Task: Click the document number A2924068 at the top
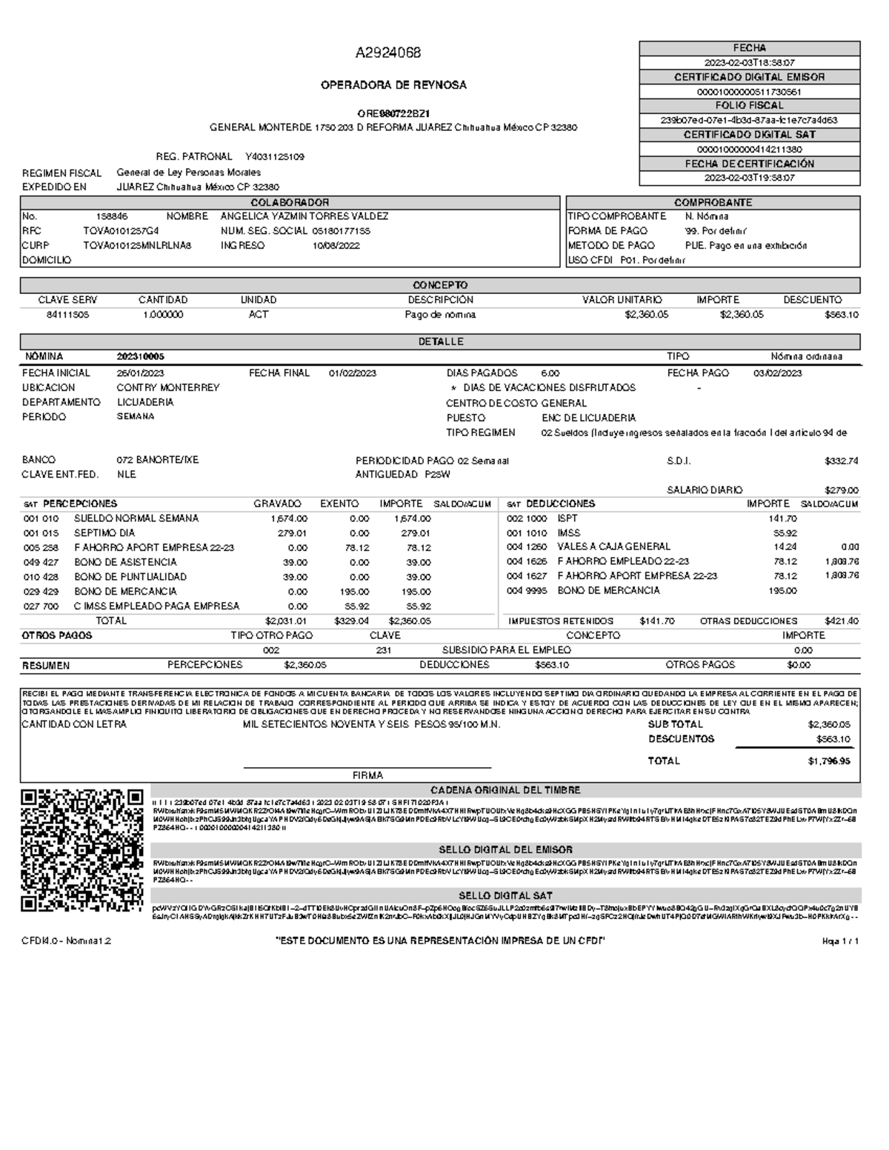tap(388, 53)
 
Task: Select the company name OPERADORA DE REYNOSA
tap(393, 85)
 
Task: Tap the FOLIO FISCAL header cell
tap(749, 106)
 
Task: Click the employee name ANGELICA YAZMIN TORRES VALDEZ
tap(304, 216)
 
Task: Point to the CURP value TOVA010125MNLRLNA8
tap(137, 246)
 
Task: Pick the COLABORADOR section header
tap(290, 202)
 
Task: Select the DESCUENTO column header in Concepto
tap(812, 300)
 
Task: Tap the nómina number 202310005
tap(141, 357)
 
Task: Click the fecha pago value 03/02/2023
tap(778, 373)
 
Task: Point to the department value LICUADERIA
tap(145, 402)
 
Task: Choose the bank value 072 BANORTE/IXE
tap(158, 460)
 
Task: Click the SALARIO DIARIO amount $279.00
tap(841, 490)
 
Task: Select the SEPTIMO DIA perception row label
tap(104, 533)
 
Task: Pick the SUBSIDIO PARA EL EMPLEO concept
tap(506, 650)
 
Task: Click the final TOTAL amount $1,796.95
tap(829, 760)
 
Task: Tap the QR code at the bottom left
tap(81, 851)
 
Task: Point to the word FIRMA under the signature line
tap(367, 775)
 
